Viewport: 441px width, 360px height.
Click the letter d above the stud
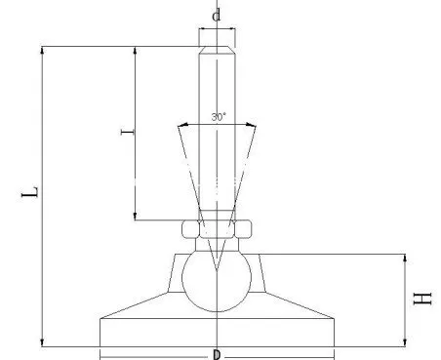coord(217,16)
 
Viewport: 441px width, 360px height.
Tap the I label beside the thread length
coord(123,134)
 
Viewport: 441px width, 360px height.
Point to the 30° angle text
coord(218,116)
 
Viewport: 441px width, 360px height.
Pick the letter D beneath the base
coord(217,354)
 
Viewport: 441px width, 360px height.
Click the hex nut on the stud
coord(217,230)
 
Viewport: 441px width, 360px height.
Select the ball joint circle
coord(217,278)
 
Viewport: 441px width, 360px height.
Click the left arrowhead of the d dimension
coord(202,28)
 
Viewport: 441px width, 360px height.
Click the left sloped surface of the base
coord(137,306)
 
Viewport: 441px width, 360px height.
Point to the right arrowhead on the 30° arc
coord(253,124)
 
